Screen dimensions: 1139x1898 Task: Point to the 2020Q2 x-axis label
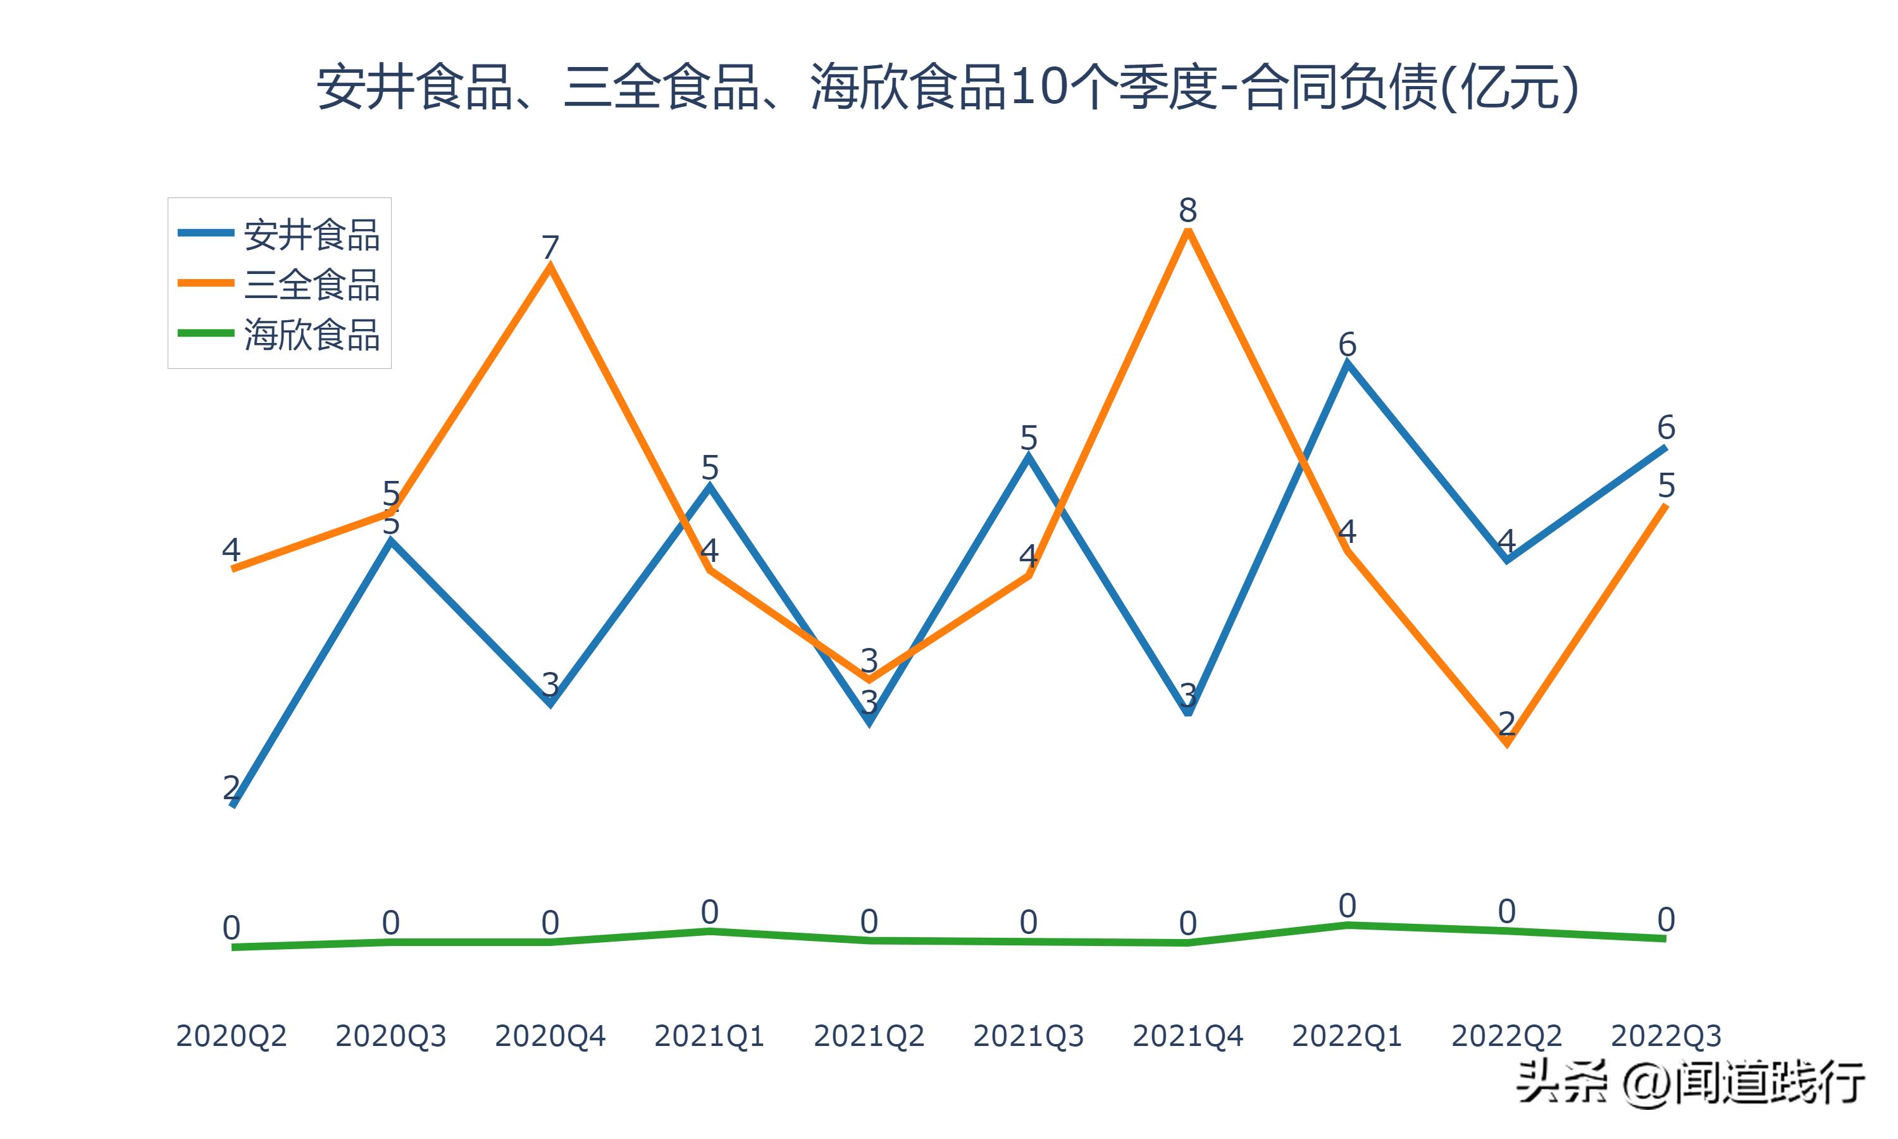(x=231, y=1036)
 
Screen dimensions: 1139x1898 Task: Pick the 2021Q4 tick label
(x=1188, y=1036)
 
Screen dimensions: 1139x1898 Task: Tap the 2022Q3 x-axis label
(x=1666, y=1036)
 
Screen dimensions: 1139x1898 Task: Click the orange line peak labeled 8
(x=1188, y=232)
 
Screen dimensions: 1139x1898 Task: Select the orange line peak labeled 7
(x=550, y=266)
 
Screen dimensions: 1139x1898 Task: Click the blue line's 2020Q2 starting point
(x=232, y=805)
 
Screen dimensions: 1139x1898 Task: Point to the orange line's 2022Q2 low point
(x=1508, y=743)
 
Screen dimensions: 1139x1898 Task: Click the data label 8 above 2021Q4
(x=1188, y=209)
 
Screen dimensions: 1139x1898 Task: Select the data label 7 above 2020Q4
(x=550, y=247)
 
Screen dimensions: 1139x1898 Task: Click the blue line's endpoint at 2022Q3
(x=1666, y=447)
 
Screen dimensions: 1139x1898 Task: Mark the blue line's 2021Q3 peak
(x=1029, y=457)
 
